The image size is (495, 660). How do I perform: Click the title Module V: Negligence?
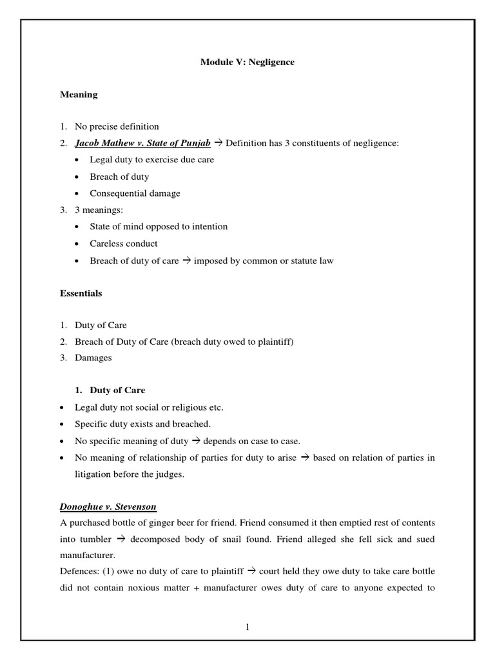point(247,63)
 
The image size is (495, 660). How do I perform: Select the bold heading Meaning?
point(79,95)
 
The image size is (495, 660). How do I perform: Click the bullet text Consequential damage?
point(135,193)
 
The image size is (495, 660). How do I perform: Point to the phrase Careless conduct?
point(124,244)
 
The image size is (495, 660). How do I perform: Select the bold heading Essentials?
point(81,293)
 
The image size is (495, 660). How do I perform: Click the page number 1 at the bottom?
point(247,628)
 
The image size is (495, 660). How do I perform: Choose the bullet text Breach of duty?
point(119,177)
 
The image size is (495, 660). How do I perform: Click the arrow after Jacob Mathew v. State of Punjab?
point(218,143)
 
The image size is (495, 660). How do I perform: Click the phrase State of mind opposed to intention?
point(159,227)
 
